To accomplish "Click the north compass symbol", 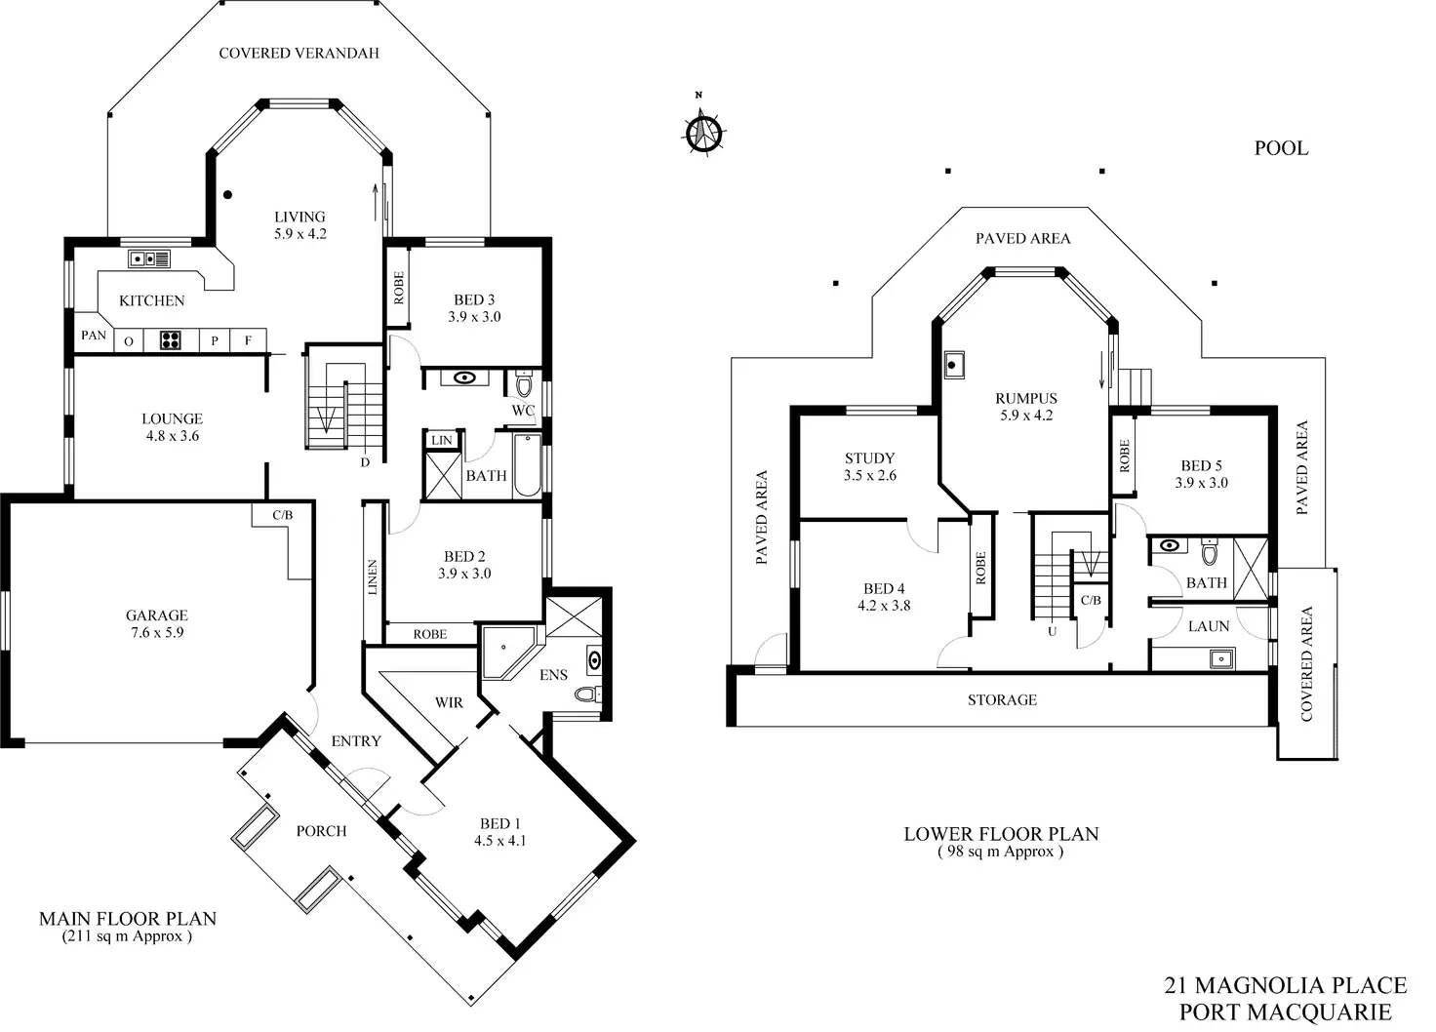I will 701,133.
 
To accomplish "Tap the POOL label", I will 1280,148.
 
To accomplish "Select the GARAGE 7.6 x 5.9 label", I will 156,623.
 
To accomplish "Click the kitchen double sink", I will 149,258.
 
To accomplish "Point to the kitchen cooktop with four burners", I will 172,340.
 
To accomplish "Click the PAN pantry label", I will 94,336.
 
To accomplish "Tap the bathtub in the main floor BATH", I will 527,465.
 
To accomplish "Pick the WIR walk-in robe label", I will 449,702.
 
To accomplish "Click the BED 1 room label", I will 499,832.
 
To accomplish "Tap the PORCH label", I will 321,831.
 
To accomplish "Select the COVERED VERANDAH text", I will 299,53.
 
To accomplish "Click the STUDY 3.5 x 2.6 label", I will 869,466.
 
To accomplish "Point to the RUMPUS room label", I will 1026,406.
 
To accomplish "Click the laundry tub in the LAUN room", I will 1220,658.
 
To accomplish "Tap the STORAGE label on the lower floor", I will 1002,700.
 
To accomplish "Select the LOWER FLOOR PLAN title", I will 1001,834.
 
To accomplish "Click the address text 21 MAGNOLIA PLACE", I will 1285,985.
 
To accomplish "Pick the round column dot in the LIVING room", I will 227,194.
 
